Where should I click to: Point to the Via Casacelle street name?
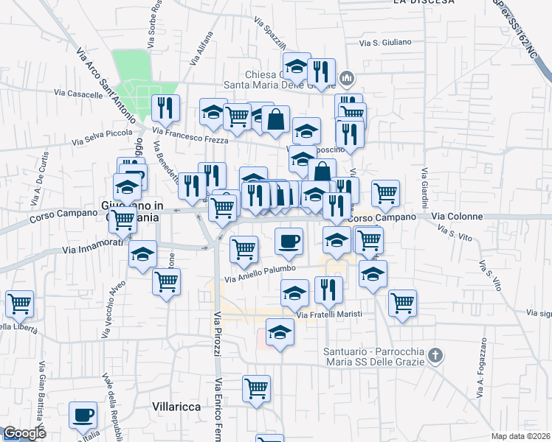tap(78, 94)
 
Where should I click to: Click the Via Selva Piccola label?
tap(101, 137)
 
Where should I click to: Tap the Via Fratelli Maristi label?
tap(328, 315)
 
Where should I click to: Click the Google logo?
tap(24, 433)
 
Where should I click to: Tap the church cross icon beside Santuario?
tap(436, 356)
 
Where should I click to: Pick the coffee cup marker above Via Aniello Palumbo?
tap(289, 241)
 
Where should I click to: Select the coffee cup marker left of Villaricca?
tap(83, 415)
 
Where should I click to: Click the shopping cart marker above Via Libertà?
tap(19, 303)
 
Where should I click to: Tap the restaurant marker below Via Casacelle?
tap(165, 108)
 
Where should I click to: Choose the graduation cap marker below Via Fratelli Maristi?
tap(280, 334)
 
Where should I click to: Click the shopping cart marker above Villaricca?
tap(256, 388)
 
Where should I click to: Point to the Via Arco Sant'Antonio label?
tap(106, 85)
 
